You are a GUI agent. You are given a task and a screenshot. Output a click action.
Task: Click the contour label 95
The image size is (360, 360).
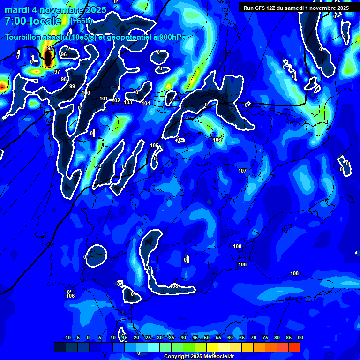coord(50,48)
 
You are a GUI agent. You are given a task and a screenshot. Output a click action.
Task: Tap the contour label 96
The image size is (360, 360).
coord(64,54)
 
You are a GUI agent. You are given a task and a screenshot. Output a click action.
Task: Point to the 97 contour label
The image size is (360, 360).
coord(57,72)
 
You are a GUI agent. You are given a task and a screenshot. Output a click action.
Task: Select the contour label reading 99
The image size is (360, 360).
coord(72,86)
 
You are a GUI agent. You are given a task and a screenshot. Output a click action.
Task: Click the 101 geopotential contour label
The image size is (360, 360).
coord(104,98)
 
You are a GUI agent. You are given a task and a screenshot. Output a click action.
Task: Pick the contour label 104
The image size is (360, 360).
coord(146,103)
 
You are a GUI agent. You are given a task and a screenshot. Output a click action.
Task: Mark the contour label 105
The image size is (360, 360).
coord(154,145)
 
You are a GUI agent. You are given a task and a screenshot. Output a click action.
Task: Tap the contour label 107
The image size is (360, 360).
coord(242,171)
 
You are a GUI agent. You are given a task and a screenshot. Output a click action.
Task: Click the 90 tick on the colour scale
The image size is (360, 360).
coord(300,337)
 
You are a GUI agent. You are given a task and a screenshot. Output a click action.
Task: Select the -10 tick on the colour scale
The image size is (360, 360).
coord(67,337)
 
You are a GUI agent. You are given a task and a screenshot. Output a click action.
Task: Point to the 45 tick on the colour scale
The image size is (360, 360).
coord(195,337)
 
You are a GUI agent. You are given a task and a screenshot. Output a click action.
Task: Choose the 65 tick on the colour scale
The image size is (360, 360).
coord(241,337)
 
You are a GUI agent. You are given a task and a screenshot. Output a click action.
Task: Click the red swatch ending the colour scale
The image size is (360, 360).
coord(294,347)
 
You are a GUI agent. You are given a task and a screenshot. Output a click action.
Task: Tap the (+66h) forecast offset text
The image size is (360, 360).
coord(81,21)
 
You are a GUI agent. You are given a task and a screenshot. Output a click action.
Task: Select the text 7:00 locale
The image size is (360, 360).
coord(33,21)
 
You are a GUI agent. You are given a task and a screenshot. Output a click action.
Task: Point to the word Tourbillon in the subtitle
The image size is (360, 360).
coord(24,37)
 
